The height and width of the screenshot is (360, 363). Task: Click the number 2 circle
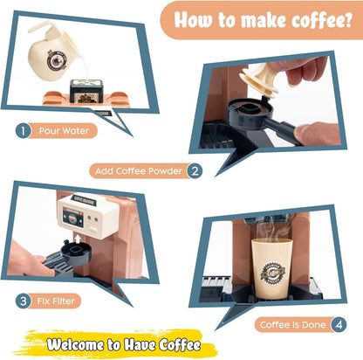[x=195, y=170]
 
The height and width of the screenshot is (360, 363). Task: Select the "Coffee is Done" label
[x=291, y=325]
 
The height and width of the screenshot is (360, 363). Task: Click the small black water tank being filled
[x=85, y=91]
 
